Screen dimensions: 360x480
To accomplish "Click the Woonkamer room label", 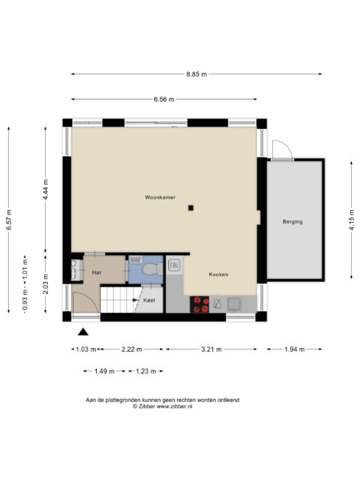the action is [160, 197].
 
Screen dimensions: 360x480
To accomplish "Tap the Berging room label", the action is [292, 222].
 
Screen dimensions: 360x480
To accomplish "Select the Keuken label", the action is [218, 274].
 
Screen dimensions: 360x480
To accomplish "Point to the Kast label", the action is [149, 300].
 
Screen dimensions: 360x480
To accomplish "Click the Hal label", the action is [97, 272].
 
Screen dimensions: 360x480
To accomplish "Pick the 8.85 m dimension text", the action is [196, 74].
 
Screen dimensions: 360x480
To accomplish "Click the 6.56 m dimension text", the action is [163, 99].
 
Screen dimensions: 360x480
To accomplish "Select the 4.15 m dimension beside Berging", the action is [352, 220].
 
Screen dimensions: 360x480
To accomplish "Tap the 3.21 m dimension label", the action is [211, 349].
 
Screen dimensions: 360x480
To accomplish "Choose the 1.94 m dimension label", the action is [295, 349].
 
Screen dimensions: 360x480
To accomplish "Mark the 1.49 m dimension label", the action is [104, 371].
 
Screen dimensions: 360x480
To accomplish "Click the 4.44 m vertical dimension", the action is [46, 190].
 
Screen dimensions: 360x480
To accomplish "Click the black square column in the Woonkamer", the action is [190, 208].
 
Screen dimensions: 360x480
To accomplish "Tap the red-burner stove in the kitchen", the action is [199, 304].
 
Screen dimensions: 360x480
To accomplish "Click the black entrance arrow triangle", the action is [83, 331].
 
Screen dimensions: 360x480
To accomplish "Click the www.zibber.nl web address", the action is [175, 406].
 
